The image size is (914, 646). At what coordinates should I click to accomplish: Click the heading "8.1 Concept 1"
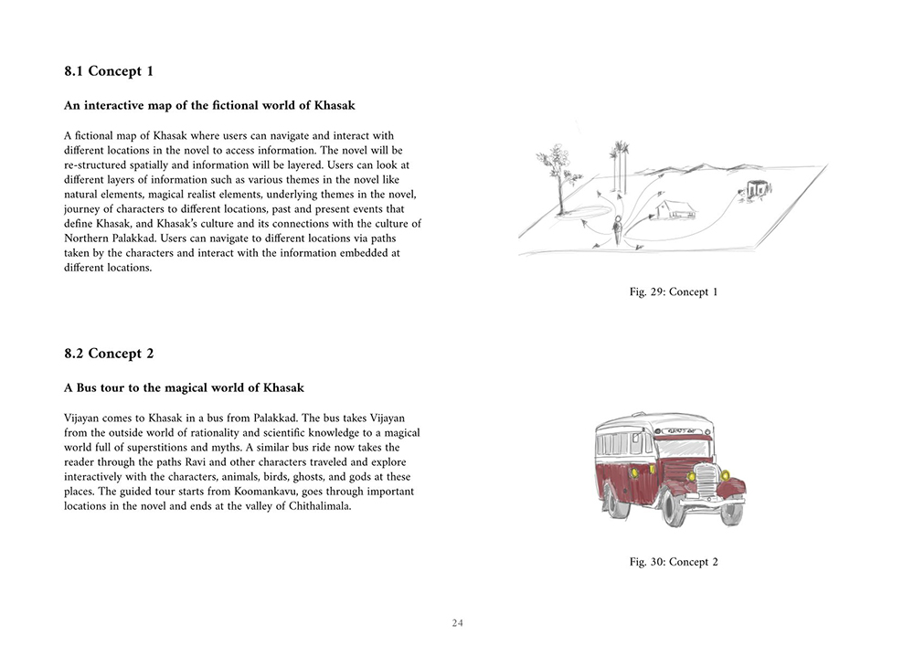pyautogui.click(x=109, y=71)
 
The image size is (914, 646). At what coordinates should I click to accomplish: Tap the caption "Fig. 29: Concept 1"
pyautogui.click(x=674, y=291)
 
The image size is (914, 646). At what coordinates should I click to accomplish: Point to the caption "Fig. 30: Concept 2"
pyautogui.click(x=674, y=561)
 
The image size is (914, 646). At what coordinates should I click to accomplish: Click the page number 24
pyautogui.click(x=457, y=623)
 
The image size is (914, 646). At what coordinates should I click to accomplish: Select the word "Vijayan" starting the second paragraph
pyautogui.click(x=85, y=418)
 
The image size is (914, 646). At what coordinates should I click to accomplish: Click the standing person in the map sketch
pyautogui.click(x=620, y=229)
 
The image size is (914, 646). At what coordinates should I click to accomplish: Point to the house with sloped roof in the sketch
pyautogui.click(x=673, y=209)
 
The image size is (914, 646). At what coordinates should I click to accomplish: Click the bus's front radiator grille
pyautogui.click(x=706, y=482)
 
